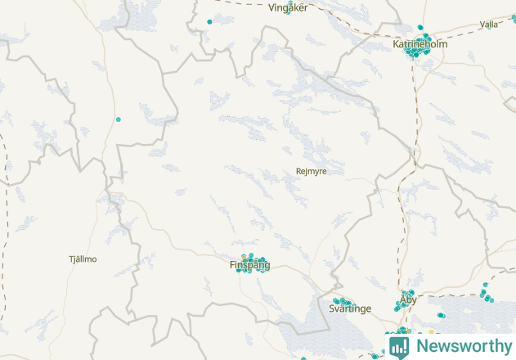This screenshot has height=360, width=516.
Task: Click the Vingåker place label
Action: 288,7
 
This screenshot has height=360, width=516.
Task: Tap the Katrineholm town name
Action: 420,44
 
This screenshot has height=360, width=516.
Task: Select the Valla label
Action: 489,25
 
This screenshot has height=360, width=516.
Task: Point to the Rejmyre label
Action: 311,171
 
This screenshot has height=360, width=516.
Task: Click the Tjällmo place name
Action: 83,259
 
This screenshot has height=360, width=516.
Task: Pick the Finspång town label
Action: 249,265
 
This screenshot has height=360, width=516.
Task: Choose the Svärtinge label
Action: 349,308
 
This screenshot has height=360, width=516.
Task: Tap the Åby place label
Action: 408,299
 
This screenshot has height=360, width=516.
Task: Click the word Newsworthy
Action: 461,345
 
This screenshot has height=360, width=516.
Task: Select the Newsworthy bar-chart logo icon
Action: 399,346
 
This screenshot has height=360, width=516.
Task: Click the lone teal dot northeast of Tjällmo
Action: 119,119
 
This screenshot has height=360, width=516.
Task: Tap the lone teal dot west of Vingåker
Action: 210,21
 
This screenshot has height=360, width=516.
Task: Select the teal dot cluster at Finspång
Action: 252,263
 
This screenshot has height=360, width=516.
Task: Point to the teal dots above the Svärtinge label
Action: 342,302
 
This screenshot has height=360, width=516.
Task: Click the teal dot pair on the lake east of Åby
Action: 442,315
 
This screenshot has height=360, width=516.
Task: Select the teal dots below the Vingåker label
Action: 288,13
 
